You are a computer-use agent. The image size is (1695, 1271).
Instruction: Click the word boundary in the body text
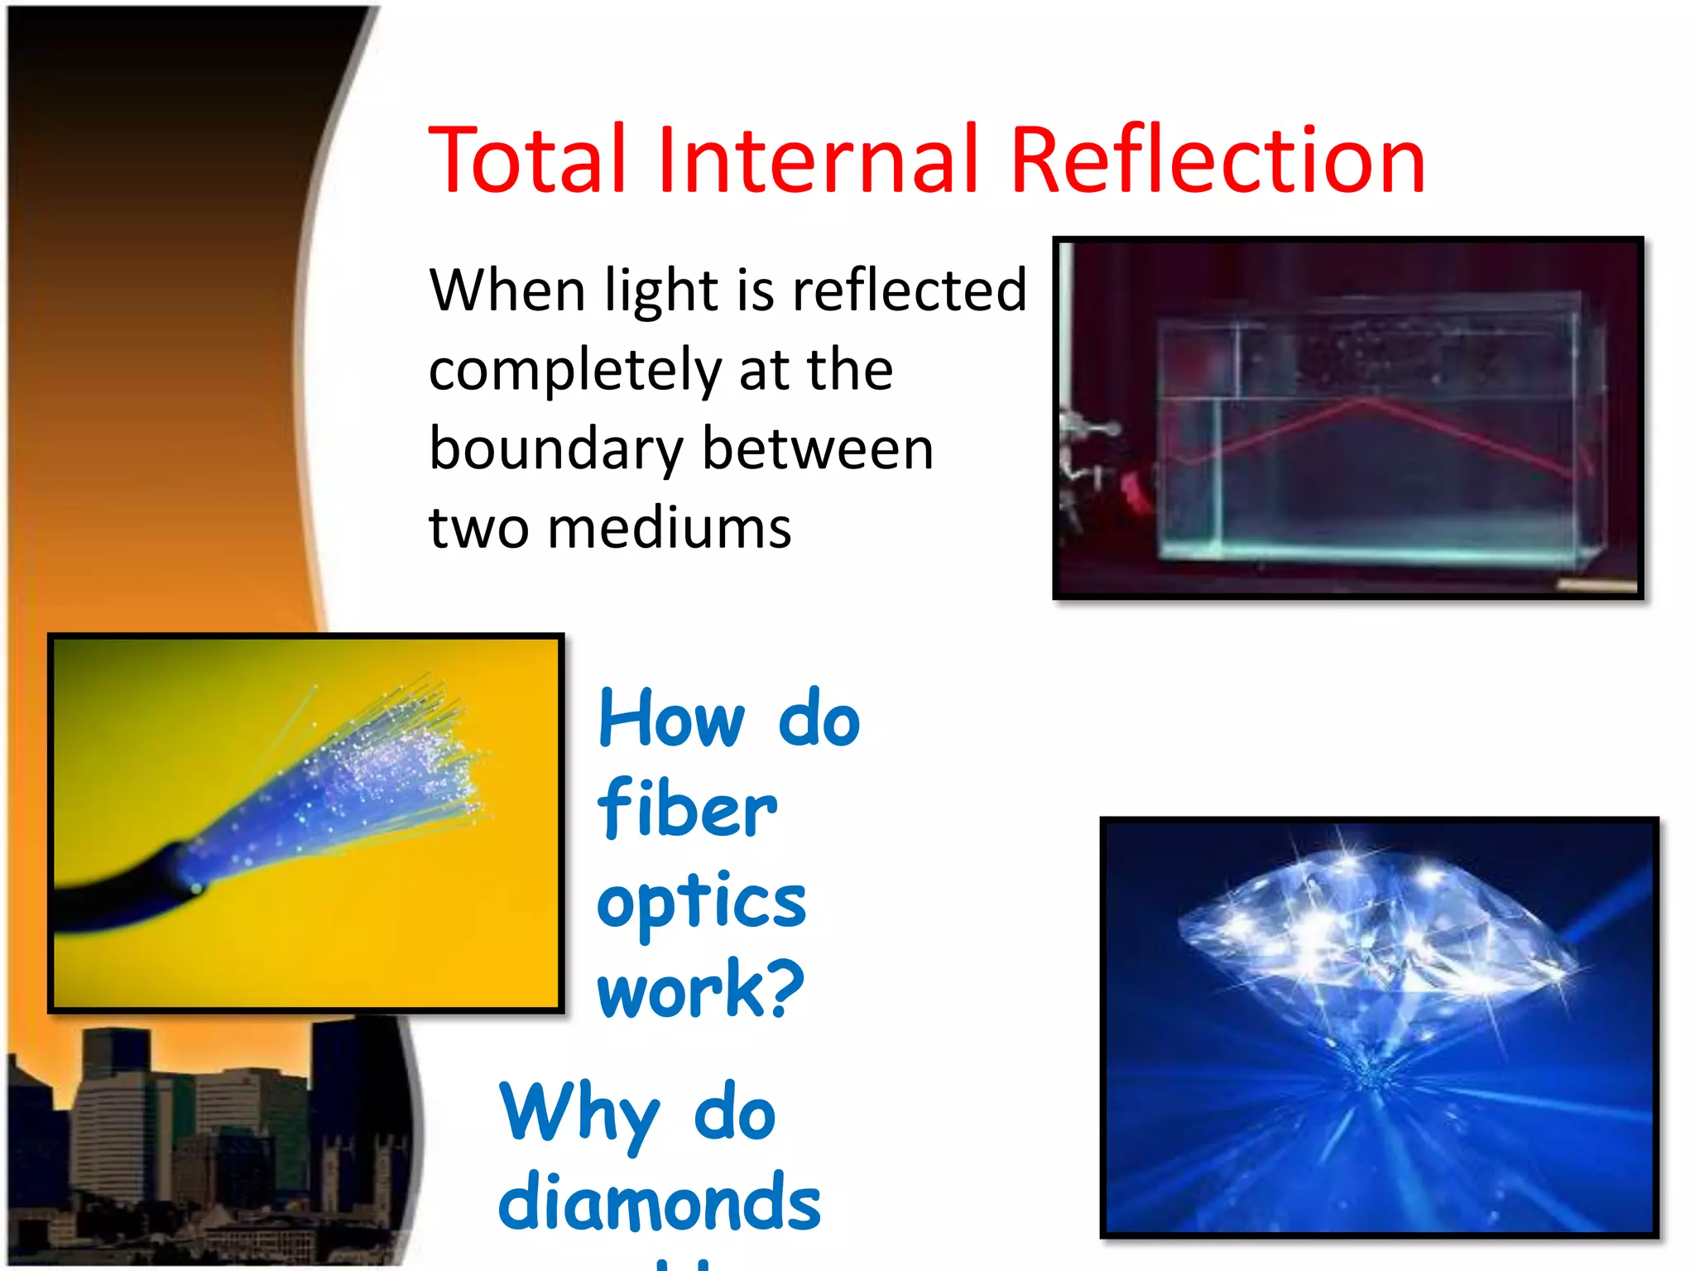pyautogui.click(x=555, y=450)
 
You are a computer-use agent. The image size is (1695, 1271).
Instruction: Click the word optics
pyautogui.click(x=701, y=902)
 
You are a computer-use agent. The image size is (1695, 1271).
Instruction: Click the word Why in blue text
pyautogui.click(x=579, y=1113)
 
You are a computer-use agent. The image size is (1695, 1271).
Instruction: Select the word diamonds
pyautogui.click(x=660, y=1202)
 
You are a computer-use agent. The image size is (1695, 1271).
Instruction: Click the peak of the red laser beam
pyautogui.click(x=1366, y=400)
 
